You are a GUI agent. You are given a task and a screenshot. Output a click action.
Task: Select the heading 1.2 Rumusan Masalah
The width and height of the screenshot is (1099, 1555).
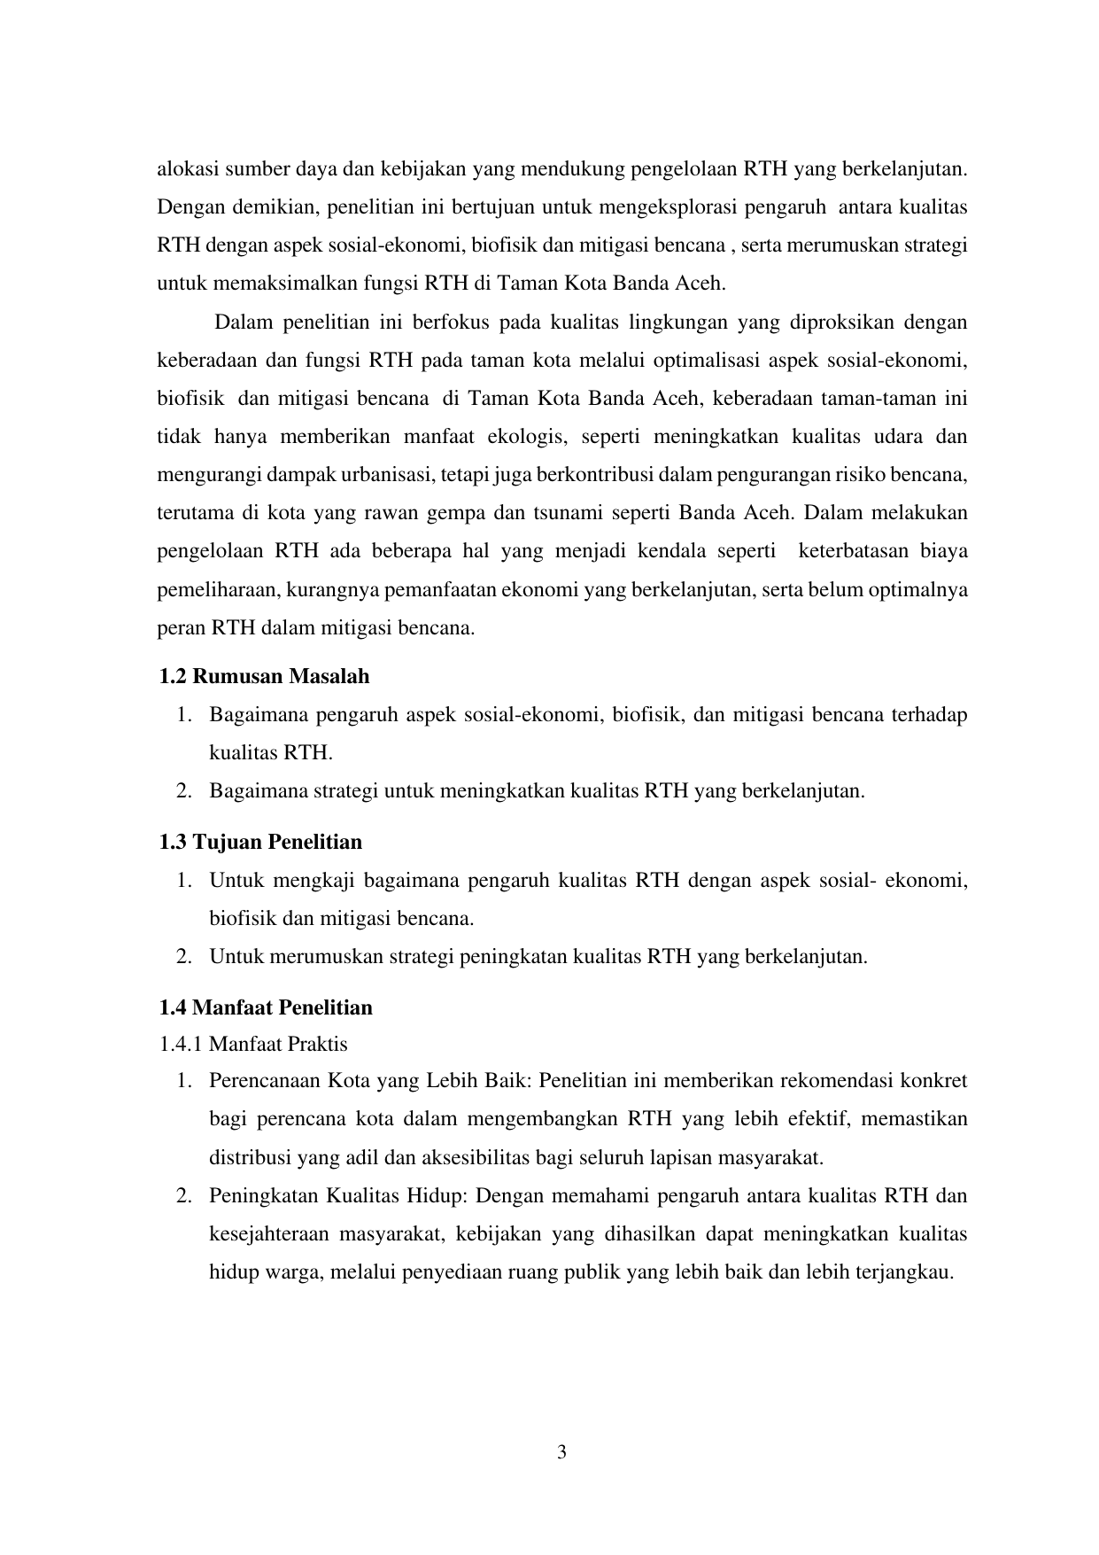click(264, 677)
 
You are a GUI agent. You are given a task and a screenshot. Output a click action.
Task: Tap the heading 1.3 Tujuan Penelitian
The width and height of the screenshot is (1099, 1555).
click(260, 842)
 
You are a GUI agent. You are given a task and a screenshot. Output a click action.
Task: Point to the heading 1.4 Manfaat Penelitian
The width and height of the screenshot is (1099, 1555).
click(266, 1007)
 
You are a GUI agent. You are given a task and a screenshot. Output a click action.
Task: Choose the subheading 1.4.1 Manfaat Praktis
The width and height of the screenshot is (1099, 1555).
click(253, 1044)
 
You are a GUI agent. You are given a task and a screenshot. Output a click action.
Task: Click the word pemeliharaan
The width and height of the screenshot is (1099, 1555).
click(208, 589)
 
